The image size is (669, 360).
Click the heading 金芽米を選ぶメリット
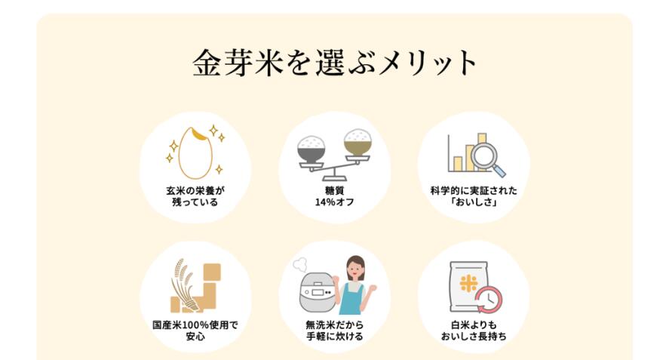335,63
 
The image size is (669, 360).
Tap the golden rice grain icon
196,153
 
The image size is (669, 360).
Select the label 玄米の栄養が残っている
195,196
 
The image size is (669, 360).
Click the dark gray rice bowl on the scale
311,149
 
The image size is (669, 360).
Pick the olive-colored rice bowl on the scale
358,142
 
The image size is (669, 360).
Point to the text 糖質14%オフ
335,196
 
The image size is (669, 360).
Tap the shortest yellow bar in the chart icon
458,164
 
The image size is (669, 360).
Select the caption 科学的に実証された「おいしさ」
474,196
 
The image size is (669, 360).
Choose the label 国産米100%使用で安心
195,331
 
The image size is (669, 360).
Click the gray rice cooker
318,293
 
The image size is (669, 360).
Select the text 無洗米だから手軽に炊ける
335,331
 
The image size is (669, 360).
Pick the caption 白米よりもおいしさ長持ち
474,331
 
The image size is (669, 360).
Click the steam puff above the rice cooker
300,264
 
